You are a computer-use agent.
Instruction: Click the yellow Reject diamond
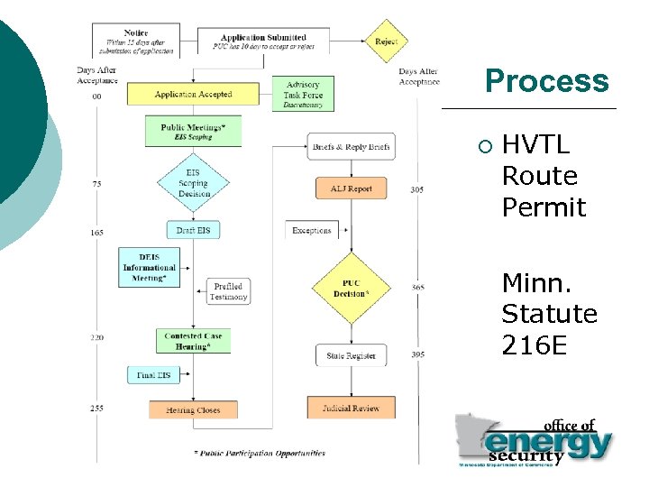(387, 41)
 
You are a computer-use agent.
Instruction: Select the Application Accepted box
(193, 94)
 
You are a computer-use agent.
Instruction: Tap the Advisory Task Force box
(304, 94)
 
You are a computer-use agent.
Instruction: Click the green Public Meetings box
(194, 132)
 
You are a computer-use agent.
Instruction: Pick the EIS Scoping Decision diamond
(194, 182)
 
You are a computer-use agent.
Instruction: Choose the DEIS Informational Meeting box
(150, 267)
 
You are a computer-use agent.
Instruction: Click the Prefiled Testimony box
(228, 291)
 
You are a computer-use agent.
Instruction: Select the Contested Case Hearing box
(194, 341)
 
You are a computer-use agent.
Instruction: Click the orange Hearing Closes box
(193, 409)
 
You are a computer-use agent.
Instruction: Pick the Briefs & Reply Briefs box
(351, 146)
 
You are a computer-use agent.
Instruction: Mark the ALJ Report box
(351, 188)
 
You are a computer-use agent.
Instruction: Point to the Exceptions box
(312, 231)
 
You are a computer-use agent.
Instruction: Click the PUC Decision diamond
(350, 288)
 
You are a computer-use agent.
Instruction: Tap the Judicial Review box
(351, 408)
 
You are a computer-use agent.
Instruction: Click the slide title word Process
(546, 82)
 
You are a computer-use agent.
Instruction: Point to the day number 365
(417, 288)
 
